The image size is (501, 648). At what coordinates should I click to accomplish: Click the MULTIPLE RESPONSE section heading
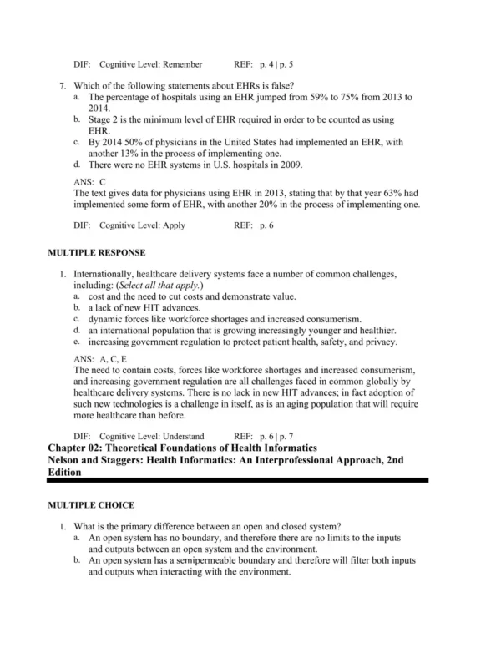97,252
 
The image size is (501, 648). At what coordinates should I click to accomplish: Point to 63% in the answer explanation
407,194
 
